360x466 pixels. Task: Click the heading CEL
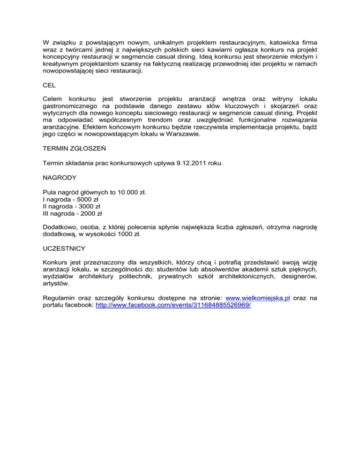tap(48, 86)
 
